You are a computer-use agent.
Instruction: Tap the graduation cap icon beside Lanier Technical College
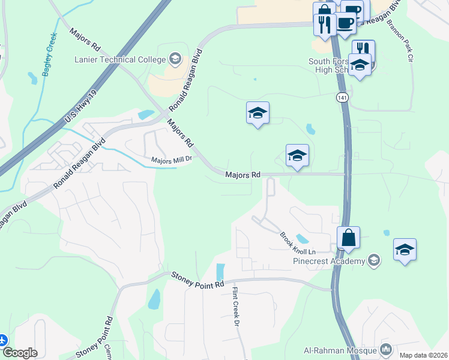click(175, 58)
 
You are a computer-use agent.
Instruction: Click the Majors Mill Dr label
click(171, 160)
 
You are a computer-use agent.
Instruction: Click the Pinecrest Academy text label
click(329, 261)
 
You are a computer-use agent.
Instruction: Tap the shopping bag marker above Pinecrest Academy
click(348, 239)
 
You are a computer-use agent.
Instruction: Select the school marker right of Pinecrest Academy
click(405, 250)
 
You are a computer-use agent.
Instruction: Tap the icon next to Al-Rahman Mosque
click(386, 349)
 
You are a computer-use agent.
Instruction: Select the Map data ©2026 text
click(423, 355)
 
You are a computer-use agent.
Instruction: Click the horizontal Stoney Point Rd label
click(197, 280)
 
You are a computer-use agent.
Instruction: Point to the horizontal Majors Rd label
click(243, 175)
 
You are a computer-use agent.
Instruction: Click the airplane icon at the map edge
click(3, 340)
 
